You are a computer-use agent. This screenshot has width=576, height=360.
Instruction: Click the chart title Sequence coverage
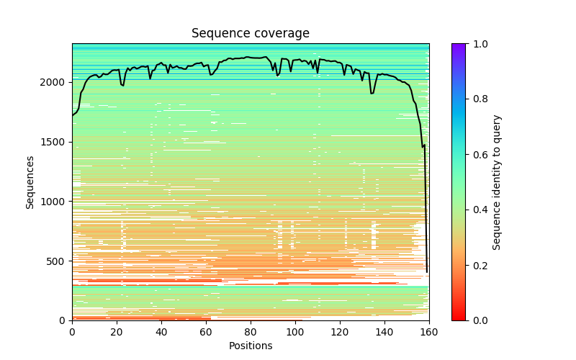pos(250,34)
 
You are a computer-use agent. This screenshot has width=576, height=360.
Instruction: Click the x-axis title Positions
pos(250,346)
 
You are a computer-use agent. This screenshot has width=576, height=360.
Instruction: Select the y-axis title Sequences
pos(30,182)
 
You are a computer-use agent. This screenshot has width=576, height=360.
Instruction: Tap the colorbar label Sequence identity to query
pos(497,182)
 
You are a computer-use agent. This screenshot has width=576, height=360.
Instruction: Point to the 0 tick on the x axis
pos(72,330)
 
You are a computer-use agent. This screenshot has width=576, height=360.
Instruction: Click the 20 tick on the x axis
pos(117,330)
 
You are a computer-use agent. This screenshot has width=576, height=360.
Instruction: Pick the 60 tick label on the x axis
pos(206,330)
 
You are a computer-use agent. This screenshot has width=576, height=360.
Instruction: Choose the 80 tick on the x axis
pos(251,330)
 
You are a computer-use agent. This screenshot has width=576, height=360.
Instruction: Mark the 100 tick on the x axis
pos(295,330)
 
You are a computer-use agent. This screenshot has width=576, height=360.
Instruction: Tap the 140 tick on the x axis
pos(384,330)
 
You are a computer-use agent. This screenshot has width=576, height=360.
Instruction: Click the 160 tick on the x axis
pos(429,330)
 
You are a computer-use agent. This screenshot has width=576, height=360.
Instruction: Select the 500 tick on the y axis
pos(56,261)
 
